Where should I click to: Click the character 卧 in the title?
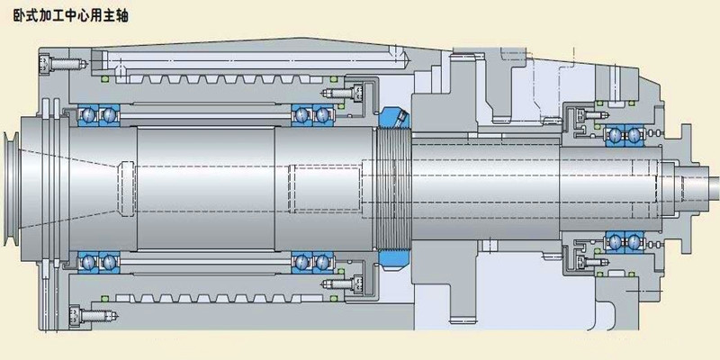(x=19, y=16)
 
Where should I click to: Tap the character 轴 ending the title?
(x=121, y=16)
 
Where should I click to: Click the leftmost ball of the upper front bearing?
(x=87, y=115)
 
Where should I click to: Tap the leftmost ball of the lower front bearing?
(x=87, y=262)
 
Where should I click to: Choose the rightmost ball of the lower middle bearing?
(x=322, y=262)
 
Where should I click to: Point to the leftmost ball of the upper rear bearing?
(x=614, y=135)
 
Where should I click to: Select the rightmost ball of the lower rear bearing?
(x=634, y=240)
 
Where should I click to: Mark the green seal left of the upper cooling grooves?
(x=104, y=79)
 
